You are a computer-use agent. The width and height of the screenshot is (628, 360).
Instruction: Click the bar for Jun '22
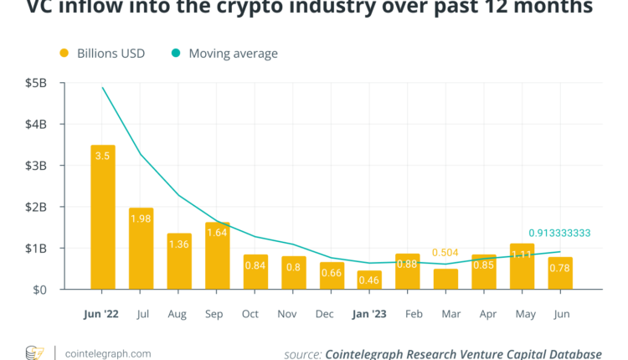103,218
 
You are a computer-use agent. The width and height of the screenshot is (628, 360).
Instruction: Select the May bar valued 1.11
521,267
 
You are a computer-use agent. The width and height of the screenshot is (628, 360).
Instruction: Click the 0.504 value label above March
445,252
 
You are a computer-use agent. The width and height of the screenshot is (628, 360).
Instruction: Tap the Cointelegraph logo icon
34,352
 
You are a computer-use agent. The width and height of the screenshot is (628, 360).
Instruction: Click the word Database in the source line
571,353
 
